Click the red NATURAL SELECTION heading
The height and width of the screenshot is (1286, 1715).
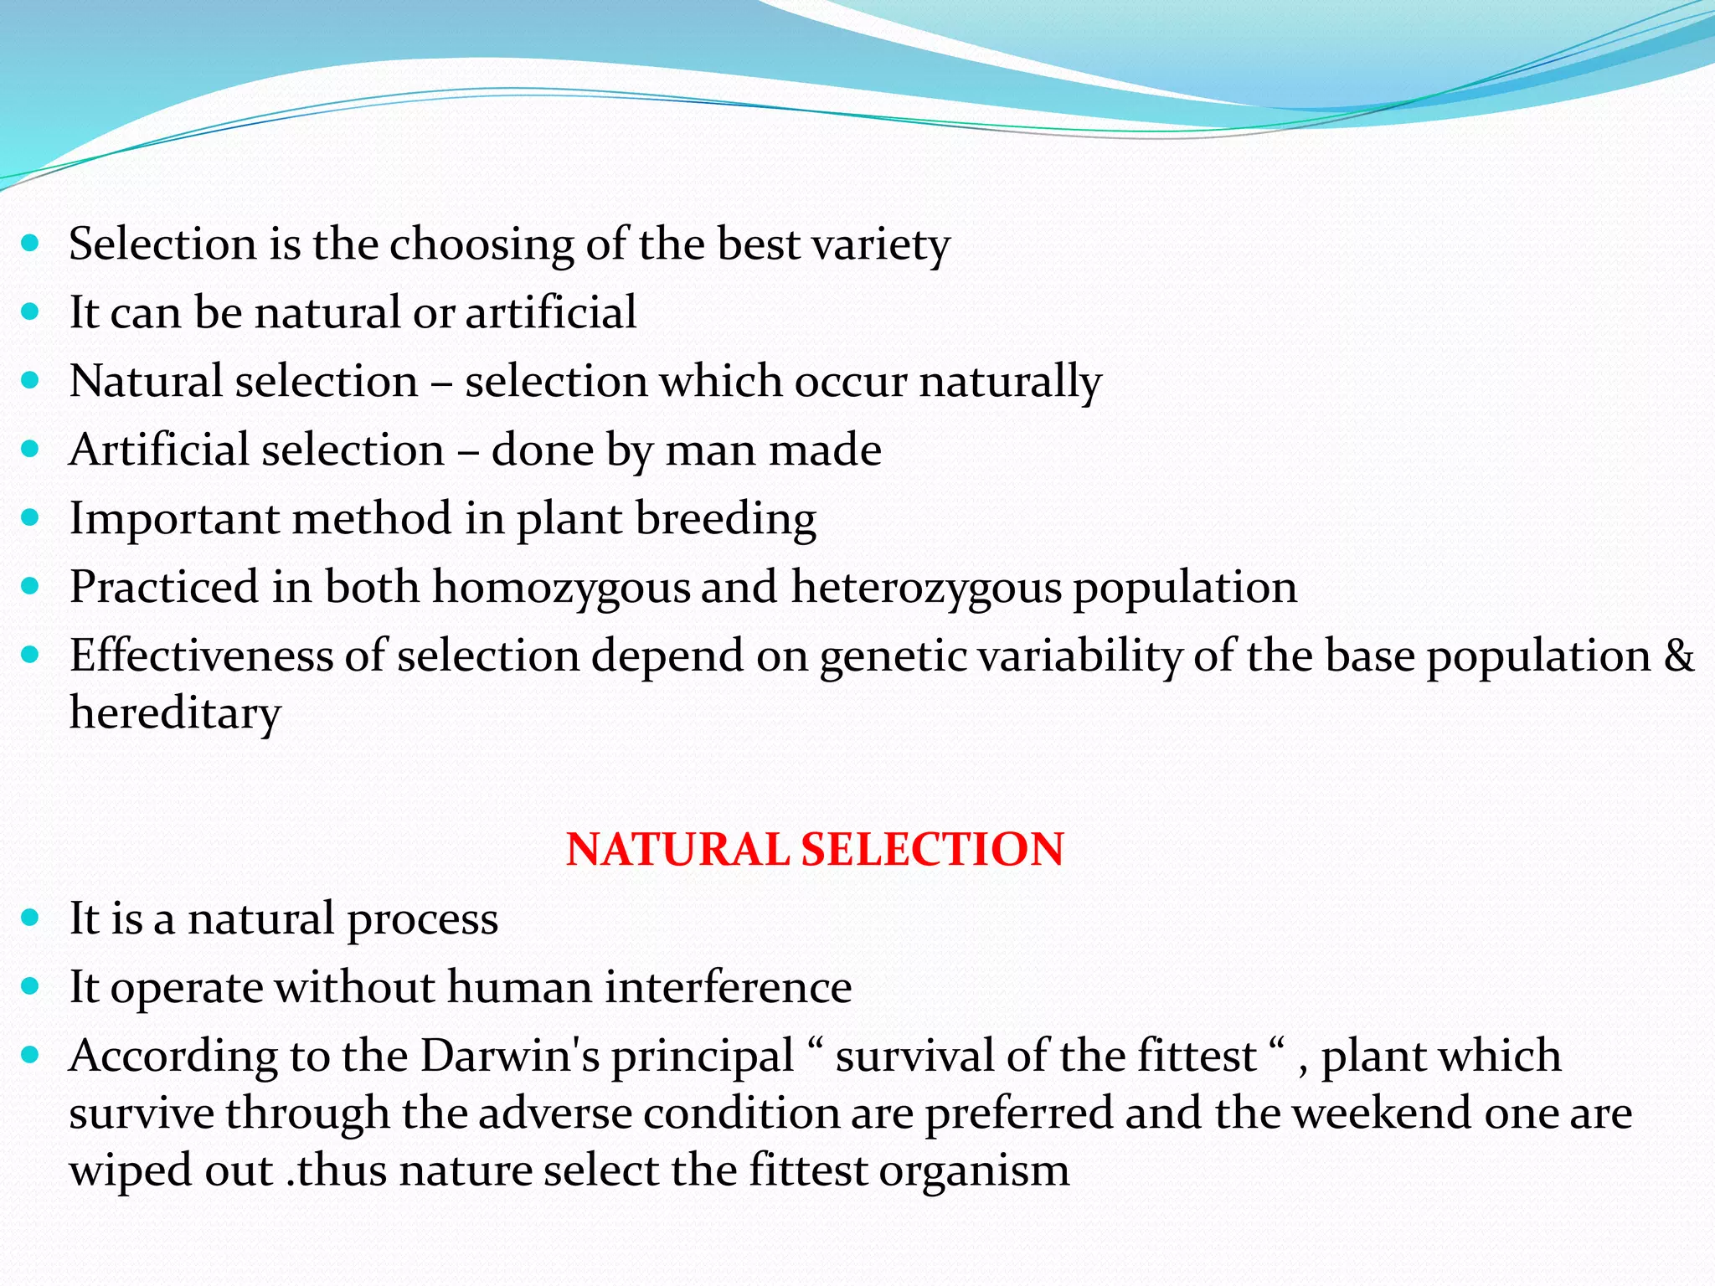tap(815, 849)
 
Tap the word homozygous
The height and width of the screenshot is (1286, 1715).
tap(561, 587)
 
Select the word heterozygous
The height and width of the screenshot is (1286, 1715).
tap(926, 587)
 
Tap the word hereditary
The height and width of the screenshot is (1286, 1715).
tap(175, 713)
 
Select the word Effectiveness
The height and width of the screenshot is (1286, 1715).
tap(201, 655)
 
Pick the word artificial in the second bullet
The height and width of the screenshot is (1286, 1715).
tap(551, 312)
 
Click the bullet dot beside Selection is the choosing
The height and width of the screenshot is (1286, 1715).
tap(30, 244)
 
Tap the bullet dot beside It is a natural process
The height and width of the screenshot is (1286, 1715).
tap(30, 918)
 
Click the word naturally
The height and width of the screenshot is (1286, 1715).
tap(1010, 382)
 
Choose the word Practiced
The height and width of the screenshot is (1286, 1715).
tap(164, 587)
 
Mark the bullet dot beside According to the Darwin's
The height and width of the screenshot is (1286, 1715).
tap(30, 1056)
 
